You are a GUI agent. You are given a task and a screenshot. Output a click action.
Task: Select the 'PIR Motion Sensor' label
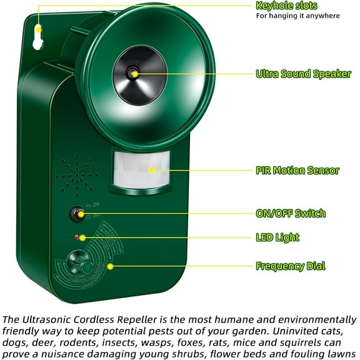297,170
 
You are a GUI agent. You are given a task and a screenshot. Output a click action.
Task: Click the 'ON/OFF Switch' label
291,213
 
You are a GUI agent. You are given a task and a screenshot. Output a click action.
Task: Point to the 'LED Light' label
277,237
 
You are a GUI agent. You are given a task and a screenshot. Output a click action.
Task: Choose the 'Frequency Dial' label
290,266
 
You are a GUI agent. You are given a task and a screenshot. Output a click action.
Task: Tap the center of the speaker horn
132,73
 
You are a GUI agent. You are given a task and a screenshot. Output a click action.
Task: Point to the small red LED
75,237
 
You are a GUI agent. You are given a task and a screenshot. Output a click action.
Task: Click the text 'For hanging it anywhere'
297,16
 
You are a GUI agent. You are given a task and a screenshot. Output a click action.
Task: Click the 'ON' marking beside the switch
96,204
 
